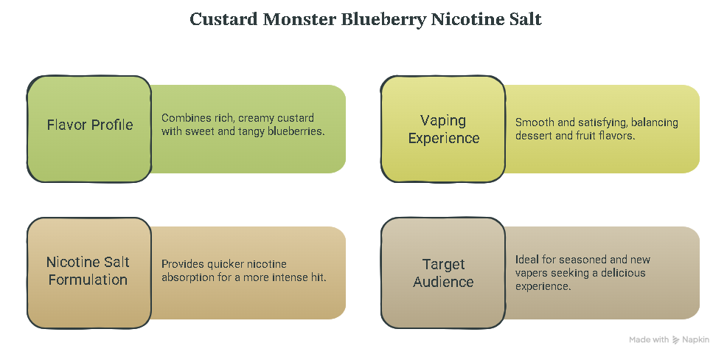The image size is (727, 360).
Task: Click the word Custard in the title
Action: point(224,20)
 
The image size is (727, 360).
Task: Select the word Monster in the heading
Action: point(300,20)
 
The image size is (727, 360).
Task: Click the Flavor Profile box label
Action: point(90,125)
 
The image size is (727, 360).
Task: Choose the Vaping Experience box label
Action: point(443,129)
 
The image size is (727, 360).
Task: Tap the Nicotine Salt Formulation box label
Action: point(88,271)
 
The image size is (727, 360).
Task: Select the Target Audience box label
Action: point(443,273)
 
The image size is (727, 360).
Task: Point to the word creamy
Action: point(255,118)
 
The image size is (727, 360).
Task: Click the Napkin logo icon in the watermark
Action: point(676,340)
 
